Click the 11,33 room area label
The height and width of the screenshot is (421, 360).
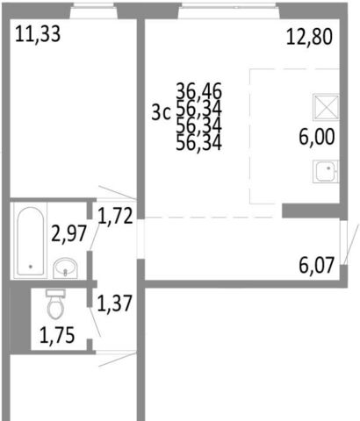38,34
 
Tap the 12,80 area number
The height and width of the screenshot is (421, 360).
309,37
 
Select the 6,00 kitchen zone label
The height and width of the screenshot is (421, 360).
317,137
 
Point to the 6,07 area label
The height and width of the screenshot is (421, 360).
316,265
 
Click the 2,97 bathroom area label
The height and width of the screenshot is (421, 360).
69,233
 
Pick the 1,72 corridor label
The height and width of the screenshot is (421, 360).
115,216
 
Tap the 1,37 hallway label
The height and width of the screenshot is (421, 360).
115,303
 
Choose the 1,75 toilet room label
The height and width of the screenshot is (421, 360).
57,335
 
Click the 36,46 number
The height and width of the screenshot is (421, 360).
199,91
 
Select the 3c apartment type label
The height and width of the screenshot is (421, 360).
161,113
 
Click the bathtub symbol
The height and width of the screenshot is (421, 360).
31,241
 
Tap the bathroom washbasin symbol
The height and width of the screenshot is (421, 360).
65,268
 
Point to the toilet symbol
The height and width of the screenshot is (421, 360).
55,304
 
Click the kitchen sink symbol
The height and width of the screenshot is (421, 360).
326,171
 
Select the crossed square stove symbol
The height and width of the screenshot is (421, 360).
326,107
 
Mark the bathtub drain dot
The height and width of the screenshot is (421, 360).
31,267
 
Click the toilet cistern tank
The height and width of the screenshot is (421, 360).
55,293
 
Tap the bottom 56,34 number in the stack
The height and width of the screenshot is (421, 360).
199,143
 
